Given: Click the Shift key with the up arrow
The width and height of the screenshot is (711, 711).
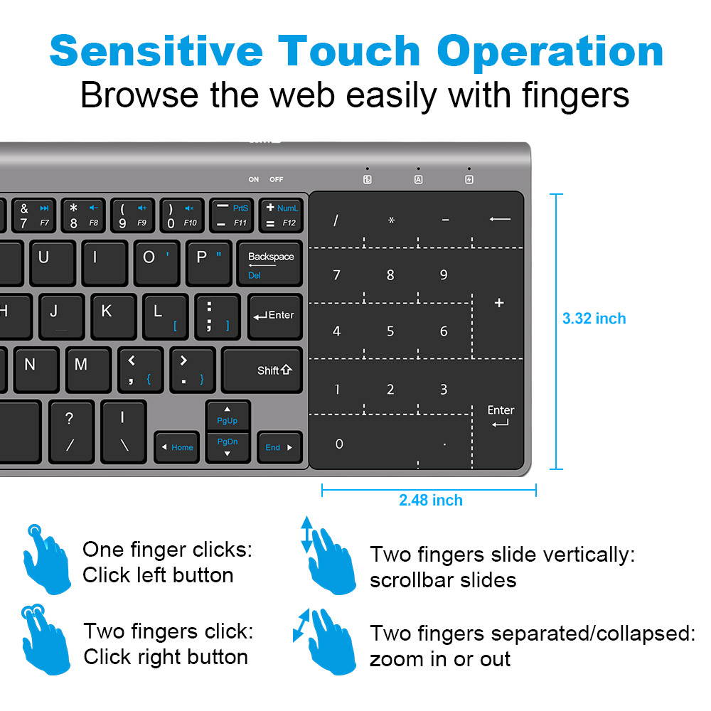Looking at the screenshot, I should (x=262, y=370).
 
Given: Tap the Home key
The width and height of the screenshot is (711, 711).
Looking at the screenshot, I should (x=177, y=447).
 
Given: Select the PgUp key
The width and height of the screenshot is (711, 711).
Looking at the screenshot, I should (x=228, y=415).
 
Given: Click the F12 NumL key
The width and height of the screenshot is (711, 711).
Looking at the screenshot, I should (x=280, y=215).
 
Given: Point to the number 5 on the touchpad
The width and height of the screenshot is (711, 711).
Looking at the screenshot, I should (x=390, y=331).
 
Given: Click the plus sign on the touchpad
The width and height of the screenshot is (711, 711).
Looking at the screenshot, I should (x=499, y=303).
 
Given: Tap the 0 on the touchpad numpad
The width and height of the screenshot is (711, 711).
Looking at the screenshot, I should (x=339, y=444).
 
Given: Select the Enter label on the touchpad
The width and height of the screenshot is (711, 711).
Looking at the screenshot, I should (x=501, y=410).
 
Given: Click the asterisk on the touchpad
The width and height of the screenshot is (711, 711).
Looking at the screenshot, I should (x=391, y=220).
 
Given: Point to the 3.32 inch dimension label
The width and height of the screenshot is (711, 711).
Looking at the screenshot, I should (x=594, y=319).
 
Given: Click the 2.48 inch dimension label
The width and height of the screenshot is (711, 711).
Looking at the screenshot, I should (x=431, y=500).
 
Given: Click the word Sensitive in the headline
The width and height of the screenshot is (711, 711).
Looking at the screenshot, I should (x=156, y=51).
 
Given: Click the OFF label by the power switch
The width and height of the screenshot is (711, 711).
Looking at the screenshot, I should (x=276, y=180).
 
